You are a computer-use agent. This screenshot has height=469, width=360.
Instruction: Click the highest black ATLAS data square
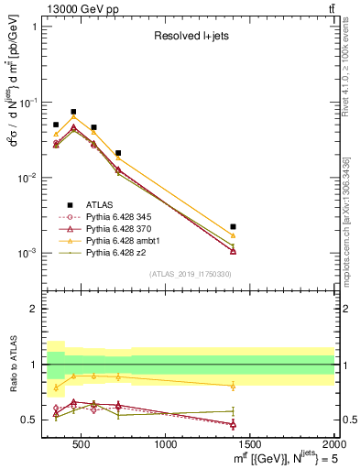(x=73, y=112)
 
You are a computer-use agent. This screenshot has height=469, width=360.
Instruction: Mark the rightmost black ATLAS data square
(x=234, y=226)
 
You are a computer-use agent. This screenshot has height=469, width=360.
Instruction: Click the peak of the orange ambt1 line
(x=73, y=116)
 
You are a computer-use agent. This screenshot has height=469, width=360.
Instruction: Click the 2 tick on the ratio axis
(x=35, y=309)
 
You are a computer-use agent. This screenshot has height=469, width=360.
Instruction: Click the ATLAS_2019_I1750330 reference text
(x=190, y=274)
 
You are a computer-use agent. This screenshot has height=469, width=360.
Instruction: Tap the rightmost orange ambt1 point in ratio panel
(x=234, y=386)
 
